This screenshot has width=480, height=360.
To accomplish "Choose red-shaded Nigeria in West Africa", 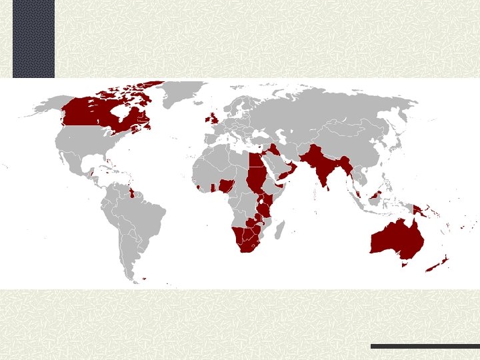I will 227,184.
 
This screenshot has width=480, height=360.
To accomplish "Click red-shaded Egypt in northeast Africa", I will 255,161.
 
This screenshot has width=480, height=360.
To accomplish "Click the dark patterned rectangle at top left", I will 33,38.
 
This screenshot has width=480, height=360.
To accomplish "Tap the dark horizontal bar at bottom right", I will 425,346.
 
